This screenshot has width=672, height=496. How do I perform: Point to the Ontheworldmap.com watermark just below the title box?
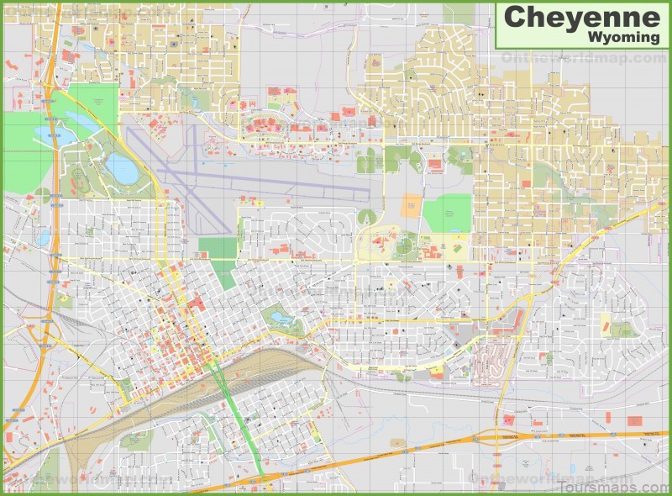click(x=580, y=58)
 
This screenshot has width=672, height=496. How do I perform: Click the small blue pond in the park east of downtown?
click(x=278, y=319)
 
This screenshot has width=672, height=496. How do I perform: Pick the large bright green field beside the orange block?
click(x=447, y=214)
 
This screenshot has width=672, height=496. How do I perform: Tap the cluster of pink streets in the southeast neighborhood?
click(x=489, y=361)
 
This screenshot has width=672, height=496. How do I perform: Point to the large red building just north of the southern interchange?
click(x=507, y=418)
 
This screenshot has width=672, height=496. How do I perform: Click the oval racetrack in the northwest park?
click(x=78, y=178)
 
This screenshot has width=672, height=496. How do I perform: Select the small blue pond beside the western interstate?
click(x=43, y=238)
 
